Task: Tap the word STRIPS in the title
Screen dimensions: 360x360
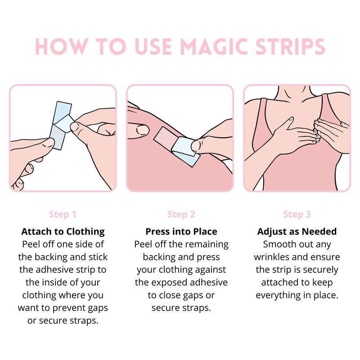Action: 290,47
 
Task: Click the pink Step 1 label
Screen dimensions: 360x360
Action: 63,214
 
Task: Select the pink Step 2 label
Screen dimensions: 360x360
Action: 181,214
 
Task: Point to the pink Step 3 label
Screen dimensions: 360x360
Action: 297,214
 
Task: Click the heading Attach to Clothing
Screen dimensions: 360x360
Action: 63,231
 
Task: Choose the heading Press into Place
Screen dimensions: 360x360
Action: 181,231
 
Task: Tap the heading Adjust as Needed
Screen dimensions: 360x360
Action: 297,231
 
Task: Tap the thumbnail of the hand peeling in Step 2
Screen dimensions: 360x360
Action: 195,146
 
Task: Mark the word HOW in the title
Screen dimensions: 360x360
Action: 62,47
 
